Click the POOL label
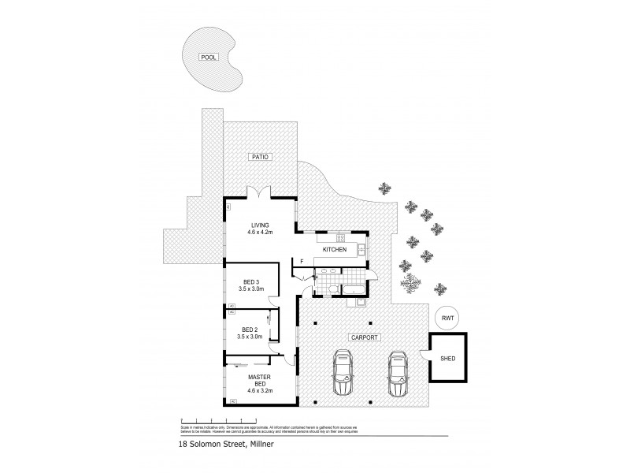(x=208, y=58)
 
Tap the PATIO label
(x=261, y=157)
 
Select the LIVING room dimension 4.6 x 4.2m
(x=260, y=233)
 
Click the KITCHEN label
(x=334, y=249)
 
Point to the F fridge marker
(x=302, y=261)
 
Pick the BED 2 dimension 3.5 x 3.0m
(x=250, y=337)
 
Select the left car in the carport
(x=343, y=373)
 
